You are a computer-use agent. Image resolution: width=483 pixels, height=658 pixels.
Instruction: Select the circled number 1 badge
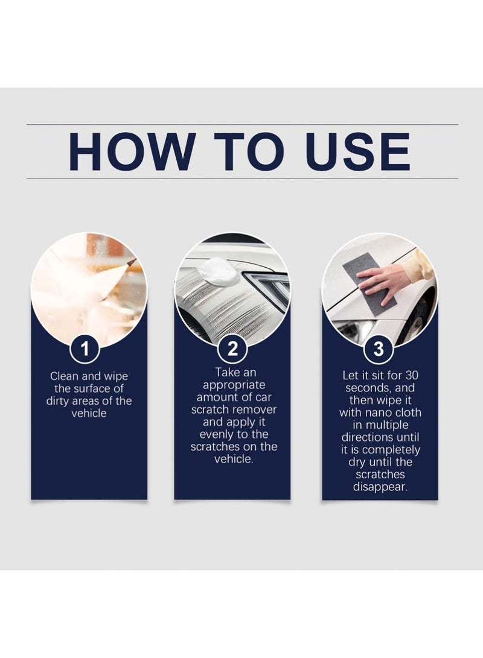[x=89, y=348]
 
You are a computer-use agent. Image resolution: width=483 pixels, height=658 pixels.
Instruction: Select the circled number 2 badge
[x=232, y=348]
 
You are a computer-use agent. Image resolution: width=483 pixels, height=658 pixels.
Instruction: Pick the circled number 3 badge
[x=380, y=348]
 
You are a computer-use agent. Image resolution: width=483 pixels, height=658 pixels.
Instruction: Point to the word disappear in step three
[x=380, y=487]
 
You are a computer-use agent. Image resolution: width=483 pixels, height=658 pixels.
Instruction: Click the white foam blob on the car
[x=221, y=271]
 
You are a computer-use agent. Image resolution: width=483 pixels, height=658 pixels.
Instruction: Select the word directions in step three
[x=380, y=437]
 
